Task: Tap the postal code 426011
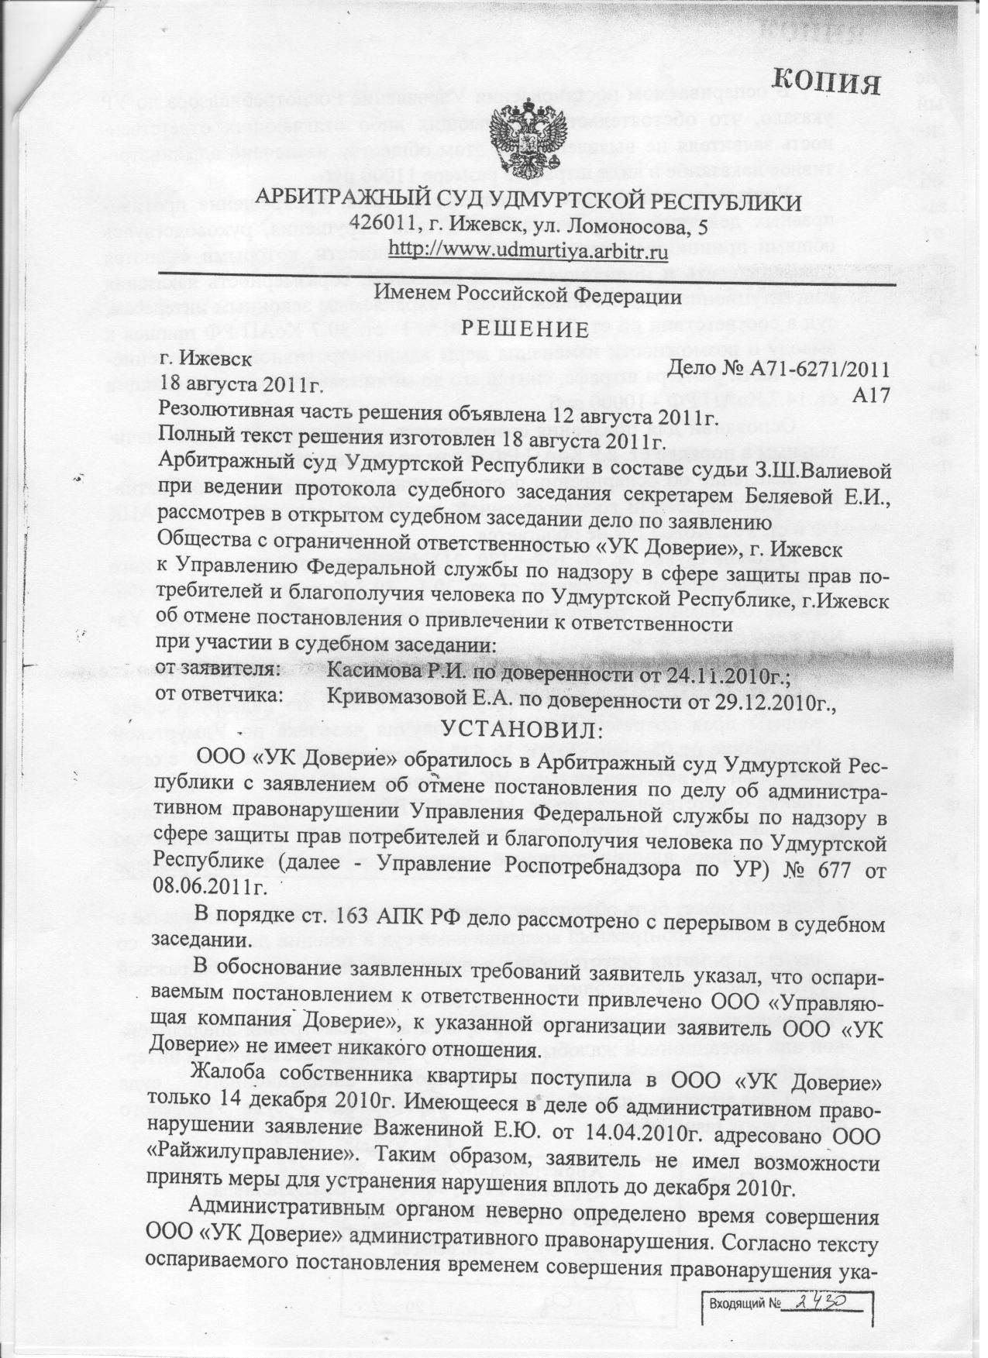[x=381, y=225]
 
